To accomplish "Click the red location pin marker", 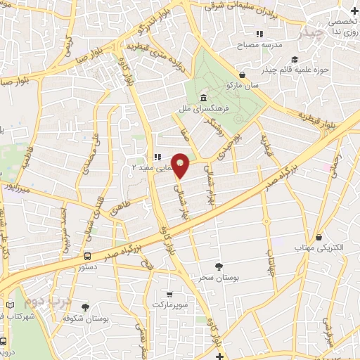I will [181, 164].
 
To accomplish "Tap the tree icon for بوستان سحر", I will [220, 266].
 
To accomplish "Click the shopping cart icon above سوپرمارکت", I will [169, 293].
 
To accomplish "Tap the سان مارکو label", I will [243, 85].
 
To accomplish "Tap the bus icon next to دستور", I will [87, 257].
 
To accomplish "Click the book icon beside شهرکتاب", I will [11, 305].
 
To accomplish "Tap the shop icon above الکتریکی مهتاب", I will [320, 238].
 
